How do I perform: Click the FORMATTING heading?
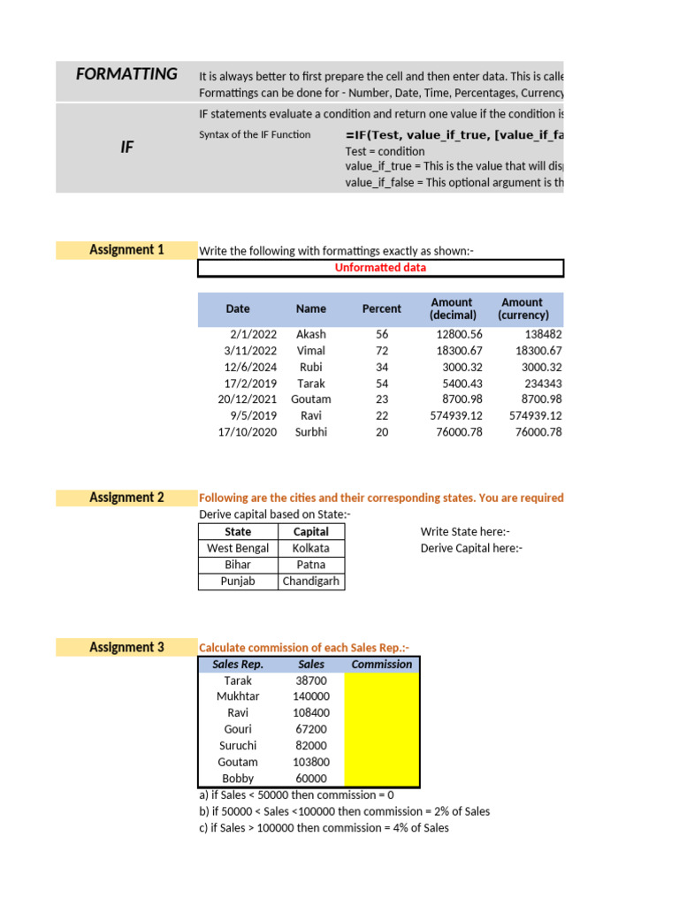point(126,74)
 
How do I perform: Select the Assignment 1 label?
point(126,250)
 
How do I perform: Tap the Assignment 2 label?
point(126,498)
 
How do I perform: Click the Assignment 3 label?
point(126,648)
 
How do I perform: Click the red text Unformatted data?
point(380,268)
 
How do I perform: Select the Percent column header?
point(381,309)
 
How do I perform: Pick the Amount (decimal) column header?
point(451,308)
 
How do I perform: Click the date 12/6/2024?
point(251,367)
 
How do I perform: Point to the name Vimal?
point(310,351)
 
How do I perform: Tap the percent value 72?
point(382,351)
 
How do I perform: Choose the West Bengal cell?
point(238,549)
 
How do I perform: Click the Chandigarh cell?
point(310,582)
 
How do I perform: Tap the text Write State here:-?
point(465,532)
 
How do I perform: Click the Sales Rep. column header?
point(238,665)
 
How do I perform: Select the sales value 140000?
point(310,697)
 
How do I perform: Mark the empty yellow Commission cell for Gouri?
point(381,730)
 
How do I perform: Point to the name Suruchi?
point(238,746)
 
